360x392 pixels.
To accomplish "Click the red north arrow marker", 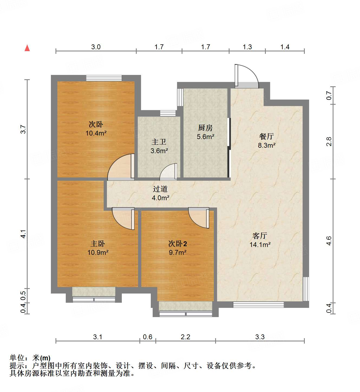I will coord(27,48).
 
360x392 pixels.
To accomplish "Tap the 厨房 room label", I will coord(205,128).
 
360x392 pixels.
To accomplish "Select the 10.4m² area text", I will coord(96,133).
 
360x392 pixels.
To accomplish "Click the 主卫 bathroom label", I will coord(159,142).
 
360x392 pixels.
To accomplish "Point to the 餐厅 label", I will coord(266,136).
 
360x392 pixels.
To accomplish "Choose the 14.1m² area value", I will coord(260,245).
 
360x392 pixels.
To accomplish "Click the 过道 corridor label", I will coord(160,189).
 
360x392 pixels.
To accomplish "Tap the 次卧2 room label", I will coord(178,244).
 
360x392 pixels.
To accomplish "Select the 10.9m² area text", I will coord(98,252).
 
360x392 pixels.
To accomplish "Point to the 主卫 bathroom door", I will coord(169,172).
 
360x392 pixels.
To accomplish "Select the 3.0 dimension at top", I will coord(96,47).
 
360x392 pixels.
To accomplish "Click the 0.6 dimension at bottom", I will coord(148,337).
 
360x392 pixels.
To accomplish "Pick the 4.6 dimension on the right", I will coord(329,241).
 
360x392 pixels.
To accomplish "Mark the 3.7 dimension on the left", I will coord(23,129).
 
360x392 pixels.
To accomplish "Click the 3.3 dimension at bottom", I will coord(260,337).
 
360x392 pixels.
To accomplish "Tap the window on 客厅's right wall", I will coord(306,289).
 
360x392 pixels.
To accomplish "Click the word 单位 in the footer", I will coord(17,358).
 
